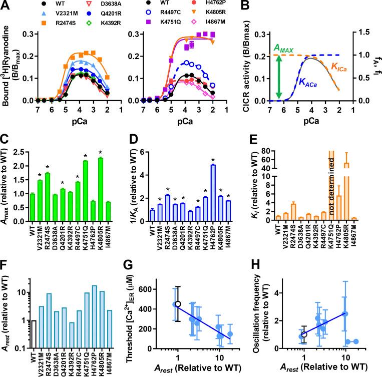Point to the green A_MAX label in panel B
pos(284,49)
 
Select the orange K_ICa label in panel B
pos(341,66)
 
